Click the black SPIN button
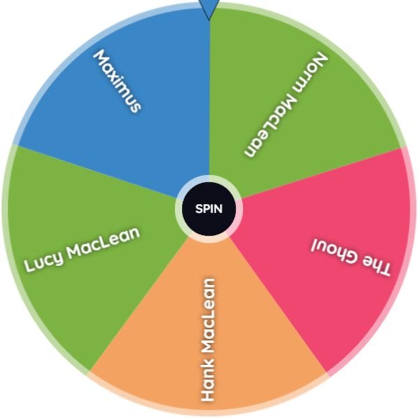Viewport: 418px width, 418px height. [209, 209]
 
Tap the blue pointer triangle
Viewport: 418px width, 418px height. [209, 8]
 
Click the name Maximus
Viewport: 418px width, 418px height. [117, 81]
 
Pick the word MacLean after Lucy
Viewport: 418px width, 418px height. [103, 242]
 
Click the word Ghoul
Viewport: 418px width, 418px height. [335, 251]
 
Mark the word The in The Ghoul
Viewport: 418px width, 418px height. [376, 268]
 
